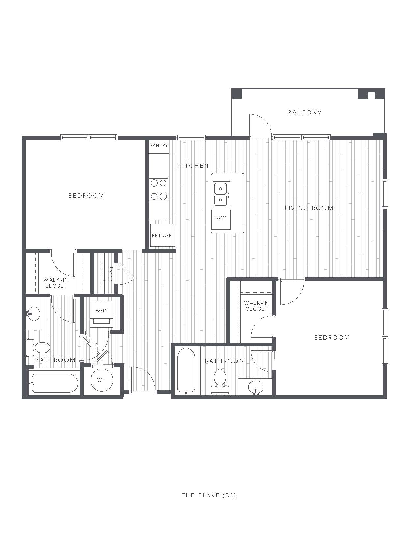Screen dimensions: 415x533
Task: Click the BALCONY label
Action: click(304, 112)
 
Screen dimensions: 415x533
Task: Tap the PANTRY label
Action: click(159, 145)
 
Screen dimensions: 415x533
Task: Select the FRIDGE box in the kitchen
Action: click(162, 235)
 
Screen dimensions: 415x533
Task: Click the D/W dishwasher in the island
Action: click(221, 219)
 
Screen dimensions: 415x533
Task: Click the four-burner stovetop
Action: click(159, 190)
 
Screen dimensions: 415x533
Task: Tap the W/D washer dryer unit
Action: click(101, 314)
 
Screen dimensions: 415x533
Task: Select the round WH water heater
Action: click(102, 380)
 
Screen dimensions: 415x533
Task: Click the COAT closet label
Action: click(111, 273)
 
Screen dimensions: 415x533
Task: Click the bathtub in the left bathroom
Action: click(55, 383)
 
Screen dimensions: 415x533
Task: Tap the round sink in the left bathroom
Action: click(34, 314)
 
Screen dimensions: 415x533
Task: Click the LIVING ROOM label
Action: click(309, 208)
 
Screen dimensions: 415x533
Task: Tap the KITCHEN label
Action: click(193, 166)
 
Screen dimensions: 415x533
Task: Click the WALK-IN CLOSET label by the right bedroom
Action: click(256, 306)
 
